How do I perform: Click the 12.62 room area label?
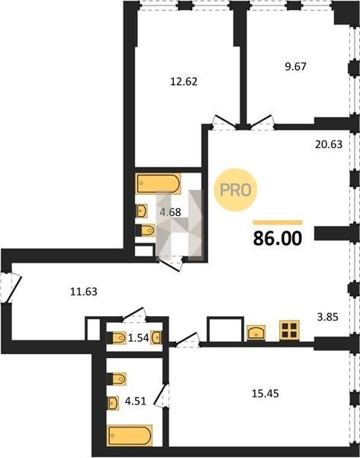(x=184, y=82)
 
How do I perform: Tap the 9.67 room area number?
(x=295, y=66)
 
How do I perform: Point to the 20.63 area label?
(x=329, y=144)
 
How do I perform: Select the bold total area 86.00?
(x=278, y=238)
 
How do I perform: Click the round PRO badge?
(x=236, y=190)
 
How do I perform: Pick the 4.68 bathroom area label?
(x=170, y=212)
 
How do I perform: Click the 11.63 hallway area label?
(x=84, y=292)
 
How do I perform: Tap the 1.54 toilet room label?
(x=138, y=338)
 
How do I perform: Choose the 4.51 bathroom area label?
(x=136, y=401)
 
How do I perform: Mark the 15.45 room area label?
(x=265, y=393)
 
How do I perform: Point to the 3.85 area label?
(x=328, y=317)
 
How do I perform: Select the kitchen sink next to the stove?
(x=256, y=333)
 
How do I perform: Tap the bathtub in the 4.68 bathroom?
(x=158, y=183)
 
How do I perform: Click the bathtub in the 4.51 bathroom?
(x=130, y=436)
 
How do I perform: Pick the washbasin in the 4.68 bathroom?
(x=141, y=211)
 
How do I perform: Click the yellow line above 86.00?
(x=278, y=223)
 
